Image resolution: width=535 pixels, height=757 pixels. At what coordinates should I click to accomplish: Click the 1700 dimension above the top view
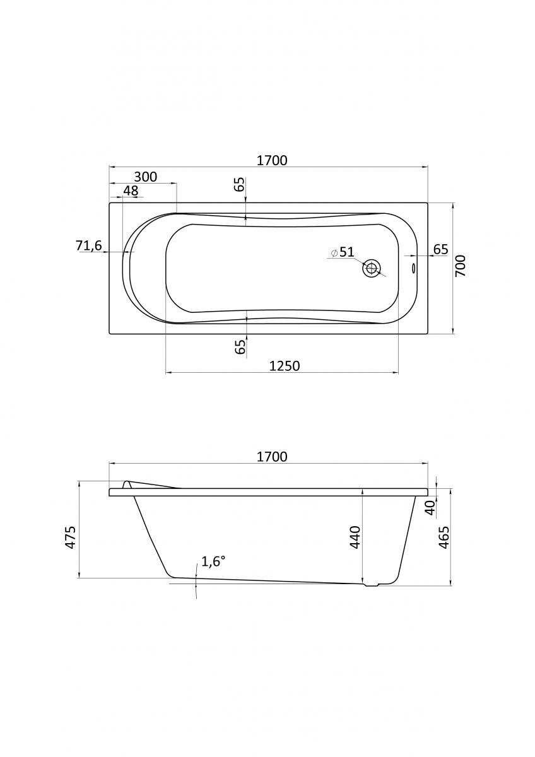click(x=272, y=160)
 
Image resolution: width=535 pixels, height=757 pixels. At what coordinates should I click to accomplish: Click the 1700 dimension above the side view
click(x=272, y=457)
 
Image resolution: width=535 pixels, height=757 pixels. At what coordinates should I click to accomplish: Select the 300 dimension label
click(x=146, y=177)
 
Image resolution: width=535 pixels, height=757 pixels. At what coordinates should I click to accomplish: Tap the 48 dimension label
click(x=131, y=191)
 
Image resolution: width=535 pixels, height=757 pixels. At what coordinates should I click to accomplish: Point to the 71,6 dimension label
click(x=88, y=245)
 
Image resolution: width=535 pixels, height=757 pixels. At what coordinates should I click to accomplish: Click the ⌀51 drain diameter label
click(x=343, y=252)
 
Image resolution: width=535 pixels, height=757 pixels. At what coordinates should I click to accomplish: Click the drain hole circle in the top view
click(x=372, y=268)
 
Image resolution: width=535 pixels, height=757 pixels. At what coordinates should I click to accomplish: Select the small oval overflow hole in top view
click(x=414, y=268)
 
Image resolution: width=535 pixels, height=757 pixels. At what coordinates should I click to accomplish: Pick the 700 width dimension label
click(x=461, y=266)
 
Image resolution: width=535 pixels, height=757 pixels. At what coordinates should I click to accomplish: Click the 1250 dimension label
click(x=285, y=366)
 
